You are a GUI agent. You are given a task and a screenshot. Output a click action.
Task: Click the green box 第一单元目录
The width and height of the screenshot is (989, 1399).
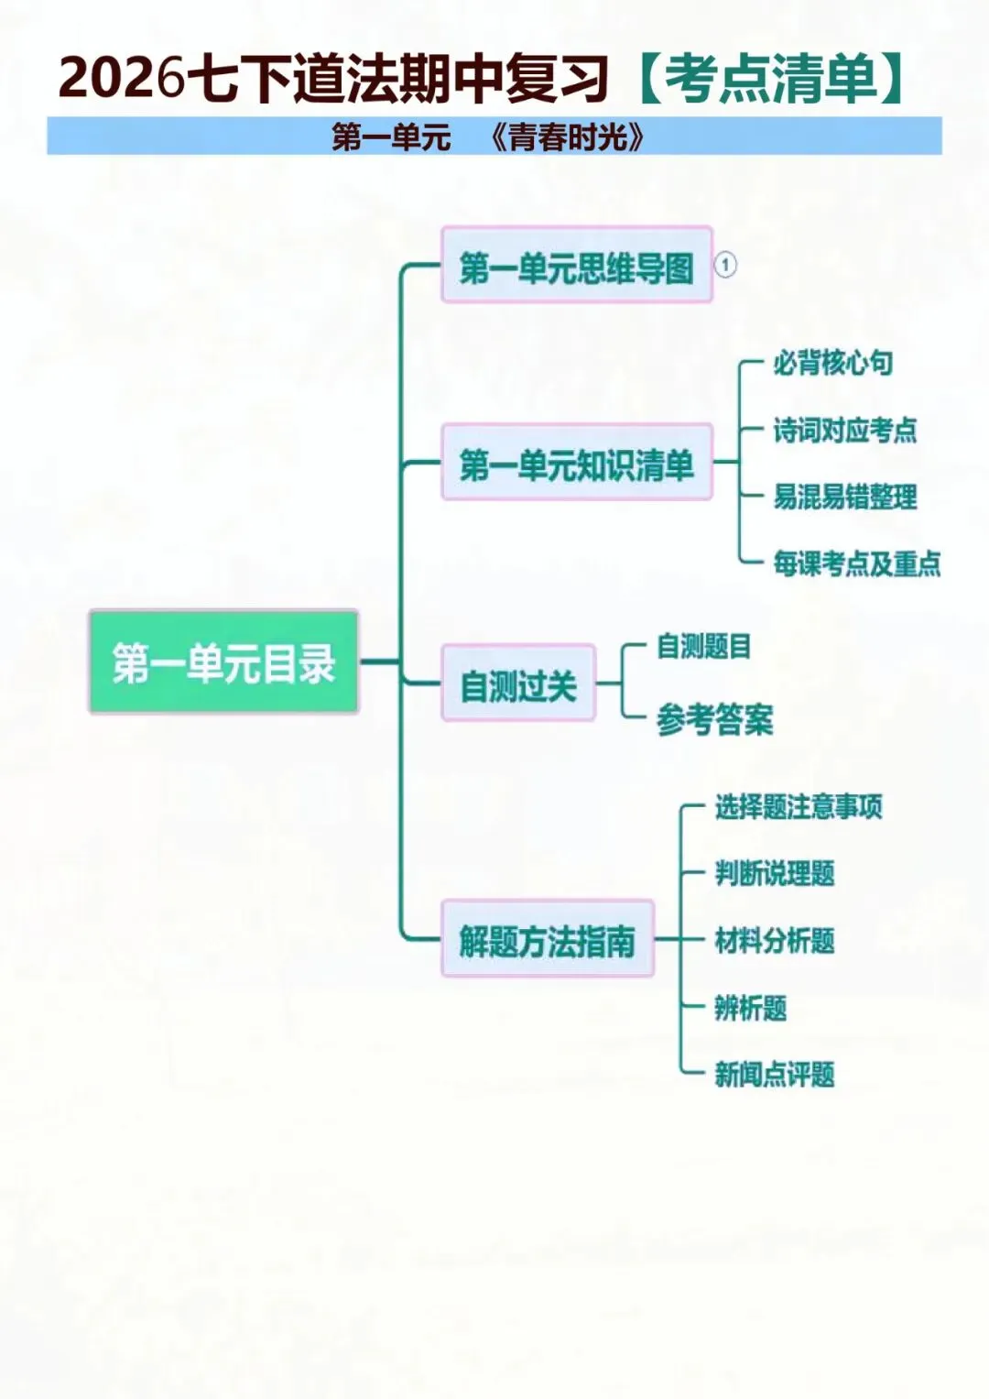223,661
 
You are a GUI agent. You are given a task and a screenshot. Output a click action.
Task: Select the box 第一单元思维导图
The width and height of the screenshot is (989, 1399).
577,266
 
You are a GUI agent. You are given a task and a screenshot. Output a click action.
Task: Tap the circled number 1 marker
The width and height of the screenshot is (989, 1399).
725,266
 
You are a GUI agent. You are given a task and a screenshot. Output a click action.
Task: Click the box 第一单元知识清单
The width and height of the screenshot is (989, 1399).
577,463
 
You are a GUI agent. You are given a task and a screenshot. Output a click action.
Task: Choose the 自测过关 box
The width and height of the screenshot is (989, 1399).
518,683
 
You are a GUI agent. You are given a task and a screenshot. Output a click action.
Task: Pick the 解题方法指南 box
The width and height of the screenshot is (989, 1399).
548,940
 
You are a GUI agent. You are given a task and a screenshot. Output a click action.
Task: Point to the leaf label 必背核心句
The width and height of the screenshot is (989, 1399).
832,364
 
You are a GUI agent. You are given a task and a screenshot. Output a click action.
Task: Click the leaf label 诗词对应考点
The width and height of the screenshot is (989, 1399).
844,431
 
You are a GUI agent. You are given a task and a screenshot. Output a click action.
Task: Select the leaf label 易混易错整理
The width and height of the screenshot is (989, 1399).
844,497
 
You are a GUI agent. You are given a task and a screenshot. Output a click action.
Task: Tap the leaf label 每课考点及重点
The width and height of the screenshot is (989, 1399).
856,563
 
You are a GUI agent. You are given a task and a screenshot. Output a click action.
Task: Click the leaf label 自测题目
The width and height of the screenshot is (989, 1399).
703,647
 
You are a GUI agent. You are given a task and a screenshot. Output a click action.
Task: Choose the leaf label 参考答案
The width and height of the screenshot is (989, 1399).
714,720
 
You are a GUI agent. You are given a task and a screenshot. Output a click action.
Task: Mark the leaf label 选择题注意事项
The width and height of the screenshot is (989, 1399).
798,807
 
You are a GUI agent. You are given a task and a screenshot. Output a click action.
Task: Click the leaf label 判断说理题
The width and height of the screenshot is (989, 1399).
774,874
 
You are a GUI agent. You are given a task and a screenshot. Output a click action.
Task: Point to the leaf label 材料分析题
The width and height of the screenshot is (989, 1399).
774,941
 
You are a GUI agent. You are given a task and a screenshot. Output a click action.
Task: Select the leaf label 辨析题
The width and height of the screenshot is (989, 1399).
750,1009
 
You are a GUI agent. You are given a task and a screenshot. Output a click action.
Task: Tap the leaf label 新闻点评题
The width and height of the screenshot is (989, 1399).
774,1075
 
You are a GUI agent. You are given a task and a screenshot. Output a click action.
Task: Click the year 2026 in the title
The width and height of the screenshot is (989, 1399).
122,79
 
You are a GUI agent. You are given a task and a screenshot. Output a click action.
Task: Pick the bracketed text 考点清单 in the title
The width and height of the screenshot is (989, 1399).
769,79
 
